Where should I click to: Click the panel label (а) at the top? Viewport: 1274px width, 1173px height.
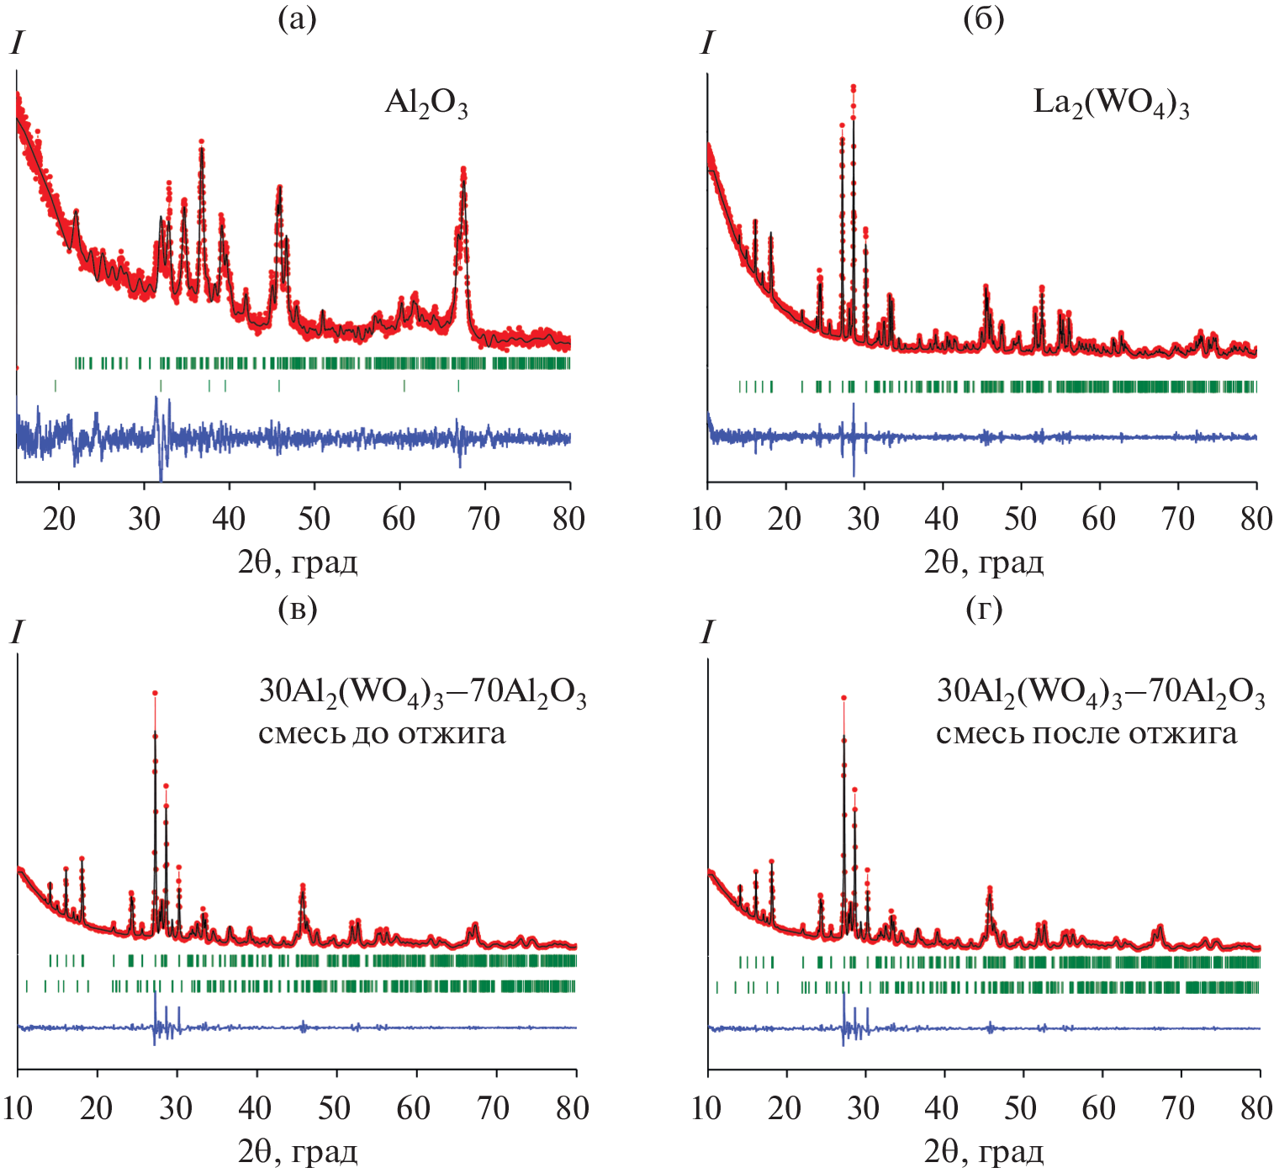(297, 19)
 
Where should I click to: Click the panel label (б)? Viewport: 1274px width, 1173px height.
(983, 19)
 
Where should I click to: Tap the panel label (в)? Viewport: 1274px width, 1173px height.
(297, 608)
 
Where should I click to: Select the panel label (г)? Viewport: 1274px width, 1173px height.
(983, 608)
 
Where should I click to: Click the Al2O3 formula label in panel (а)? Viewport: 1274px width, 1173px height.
(426, 104)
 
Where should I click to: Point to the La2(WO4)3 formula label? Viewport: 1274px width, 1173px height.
(1110, 104)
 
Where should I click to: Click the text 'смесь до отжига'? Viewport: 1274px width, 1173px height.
(382, 733)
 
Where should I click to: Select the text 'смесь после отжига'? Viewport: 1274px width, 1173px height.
(1086, 733)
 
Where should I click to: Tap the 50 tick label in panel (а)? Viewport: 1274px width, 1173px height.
(314, 519)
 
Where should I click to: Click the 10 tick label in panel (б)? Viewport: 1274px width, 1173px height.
(706, 519)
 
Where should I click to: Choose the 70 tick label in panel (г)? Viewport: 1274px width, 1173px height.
(1177, 1107)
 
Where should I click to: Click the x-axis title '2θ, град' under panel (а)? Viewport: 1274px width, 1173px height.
(298, 561)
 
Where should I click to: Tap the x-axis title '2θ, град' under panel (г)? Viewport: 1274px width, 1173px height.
(983, 1149)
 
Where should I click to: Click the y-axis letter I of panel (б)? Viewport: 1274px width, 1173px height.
(706, 43)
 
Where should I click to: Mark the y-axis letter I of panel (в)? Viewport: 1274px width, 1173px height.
(16, 632)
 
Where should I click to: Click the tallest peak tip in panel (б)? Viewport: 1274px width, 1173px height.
(853, 87)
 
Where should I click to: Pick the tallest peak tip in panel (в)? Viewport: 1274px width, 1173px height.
(155, 693)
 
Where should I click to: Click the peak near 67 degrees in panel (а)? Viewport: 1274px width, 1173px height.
(463, 170)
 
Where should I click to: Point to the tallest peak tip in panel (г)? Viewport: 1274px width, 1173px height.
(843, 697)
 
